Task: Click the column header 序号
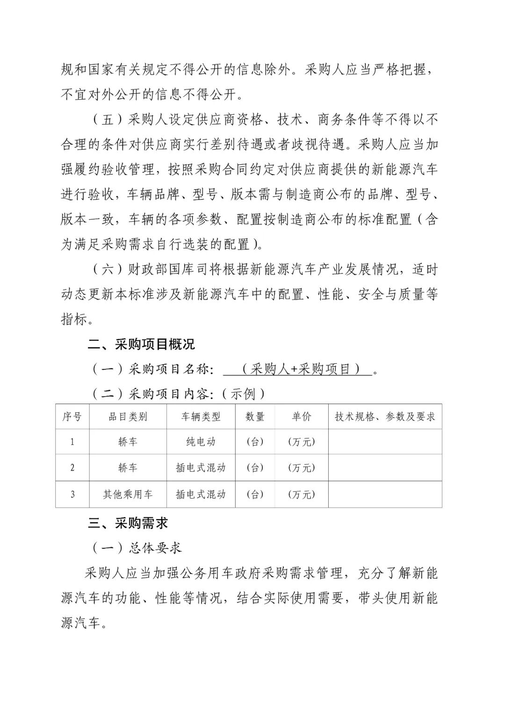pos(72,417)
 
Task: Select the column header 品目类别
pos(128,417)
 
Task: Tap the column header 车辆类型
pos(201,417)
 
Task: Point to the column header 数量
pos(255,417)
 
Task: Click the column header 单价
pos(301,417)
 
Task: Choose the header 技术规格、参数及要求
pos(385,417)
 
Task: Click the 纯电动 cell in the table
pos(201,442)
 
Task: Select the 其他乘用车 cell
pos(128,494)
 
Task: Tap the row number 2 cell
pos(72,467)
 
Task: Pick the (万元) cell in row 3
pos(301,494)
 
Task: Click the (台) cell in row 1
pos(255,442)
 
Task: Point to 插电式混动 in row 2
pos(201,467)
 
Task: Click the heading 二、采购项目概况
pos(141,345)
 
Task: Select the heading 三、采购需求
pos(128,523)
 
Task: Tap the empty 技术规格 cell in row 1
pos(385,442)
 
